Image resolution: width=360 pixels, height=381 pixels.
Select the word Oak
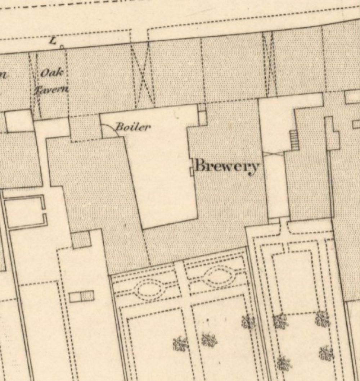point(53,73)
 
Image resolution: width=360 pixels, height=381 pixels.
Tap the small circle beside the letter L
point(62,47)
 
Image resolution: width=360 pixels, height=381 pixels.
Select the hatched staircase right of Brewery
point(294,140)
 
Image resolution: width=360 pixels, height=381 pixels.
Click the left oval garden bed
point(149,289)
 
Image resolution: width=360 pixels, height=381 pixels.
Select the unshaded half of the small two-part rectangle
point(75,297)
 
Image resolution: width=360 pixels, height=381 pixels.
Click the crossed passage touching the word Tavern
point(35,86)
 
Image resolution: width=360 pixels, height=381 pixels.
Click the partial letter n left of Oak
point(4,75)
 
